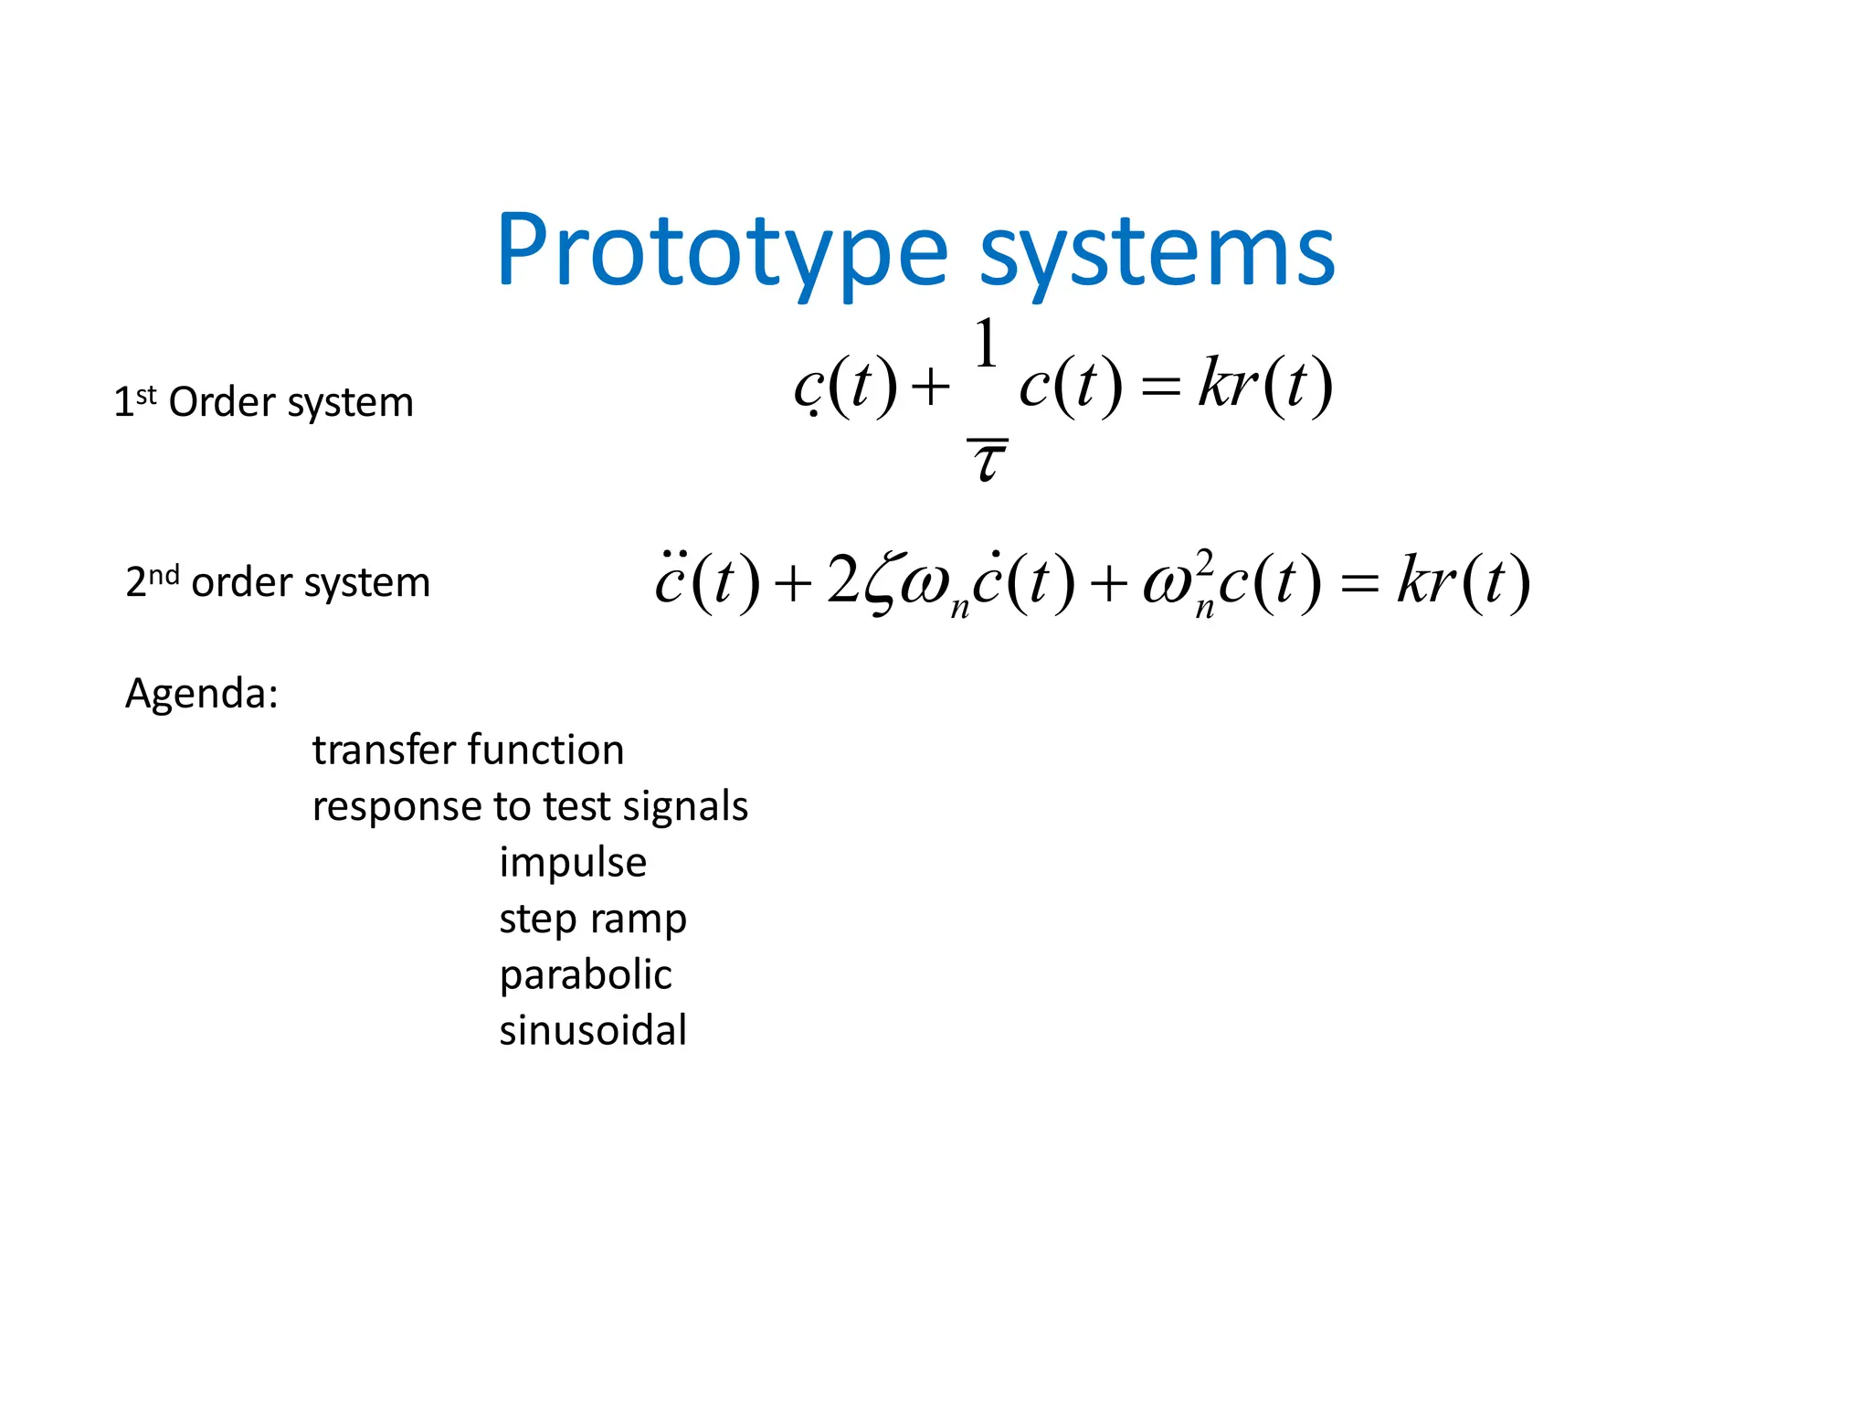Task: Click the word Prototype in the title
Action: (722, 251)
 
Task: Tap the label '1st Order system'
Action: (263, 402)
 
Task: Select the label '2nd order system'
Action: (278, 581)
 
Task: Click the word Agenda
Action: (201, 693)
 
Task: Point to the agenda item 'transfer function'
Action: (468, 750)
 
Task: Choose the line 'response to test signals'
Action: (530, 806)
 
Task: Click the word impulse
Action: (573, 862)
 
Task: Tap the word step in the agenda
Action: (537, 919)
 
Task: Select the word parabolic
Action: (586, 974)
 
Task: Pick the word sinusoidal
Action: (593, 1030)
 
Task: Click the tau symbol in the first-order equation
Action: (988, 461)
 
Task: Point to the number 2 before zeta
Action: (842, 580)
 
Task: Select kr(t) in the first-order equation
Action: (1265, 384)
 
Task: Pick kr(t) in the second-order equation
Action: (1463, 581)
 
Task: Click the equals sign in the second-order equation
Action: (1358, 583)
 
